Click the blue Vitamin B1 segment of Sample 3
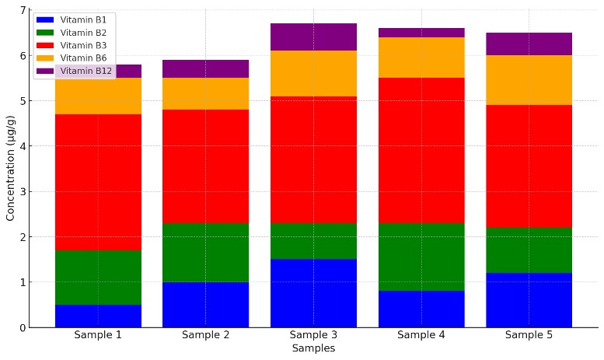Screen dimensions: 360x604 [313, 293]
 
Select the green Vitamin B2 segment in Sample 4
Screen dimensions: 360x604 [421, 257]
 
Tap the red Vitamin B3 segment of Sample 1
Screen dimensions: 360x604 [98, 182]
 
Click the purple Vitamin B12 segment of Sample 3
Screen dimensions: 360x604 [313, 37]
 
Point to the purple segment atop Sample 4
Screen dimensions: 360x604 [421, 33]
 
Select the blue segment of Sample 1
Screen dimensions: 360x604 [98, 316]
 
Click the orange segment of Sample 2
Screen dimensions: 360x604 [205, 93]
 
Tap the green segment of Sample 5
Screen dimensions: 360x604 [529, 250]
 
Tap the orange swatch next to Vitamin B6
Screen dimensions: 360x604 [46, 58]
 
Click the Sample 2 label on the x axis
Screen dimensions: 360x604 [205, 335]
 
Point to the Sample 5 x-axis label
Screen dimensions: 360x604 [529, 335]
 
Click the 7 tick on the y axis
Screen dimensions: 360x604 [22, 10]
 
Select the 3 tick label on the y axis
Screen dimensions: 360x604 [22, 191]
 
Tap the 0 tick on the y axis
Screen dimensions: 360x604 [22, 327]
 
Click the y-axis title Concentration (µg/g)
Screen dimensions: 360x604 [10, 168]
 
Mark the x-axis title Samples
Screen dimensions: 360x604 [313, 349]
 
